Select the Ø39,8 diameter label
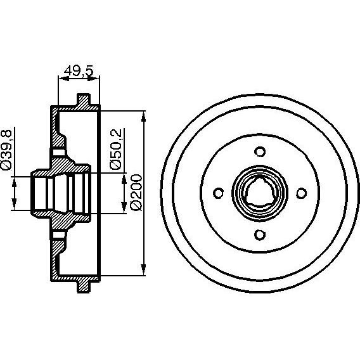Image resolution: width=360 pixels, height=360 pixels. pyautogui.click(x=6, y=150)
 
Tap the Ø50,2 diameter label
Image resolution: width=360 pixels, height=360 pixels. pyautogui.click(x=115, y=149)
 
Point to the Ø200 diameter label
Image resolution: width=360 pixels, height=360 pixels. pyautogui.click(x=136, y=193)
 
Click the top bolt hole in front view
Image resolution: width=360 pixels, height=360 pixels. pyautogui.click(x=260, y=151)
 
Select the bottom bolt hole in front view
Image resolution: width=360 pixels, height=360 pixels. pyautogui.click(x=260, y=235)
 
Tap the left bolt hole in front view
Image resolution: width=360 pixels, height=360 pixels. pyautogui.click(x=218, y=193)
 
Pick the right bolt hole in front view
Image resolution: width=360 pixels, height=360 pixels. pyautogui.click(x=302, y=193)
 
